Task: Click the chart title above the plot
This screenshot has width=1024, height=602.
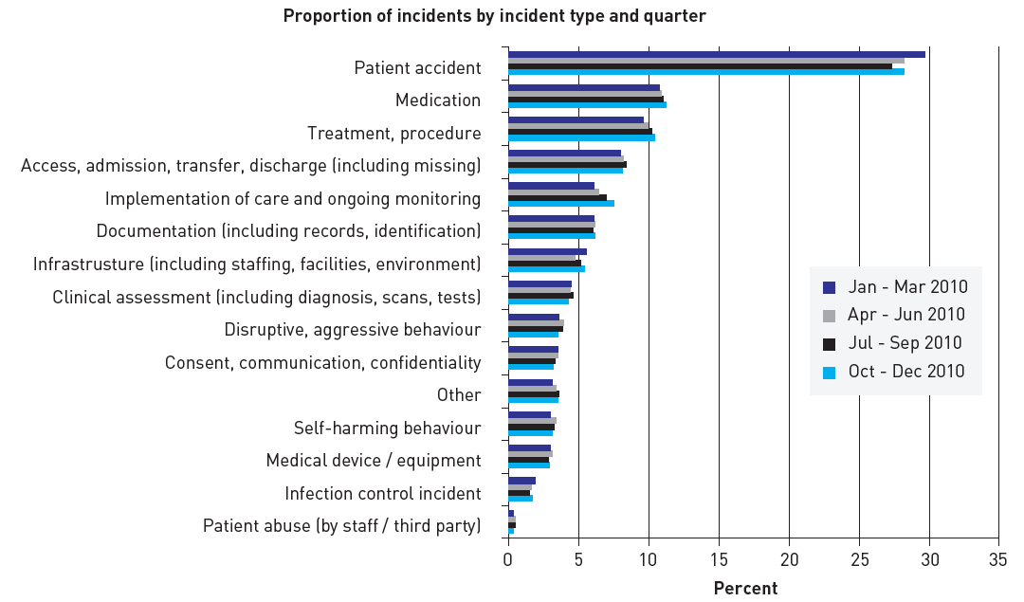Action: [x=494, y=16]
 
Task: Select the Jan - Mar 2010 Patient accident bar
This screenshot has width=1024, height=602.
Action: [x=716, y=55]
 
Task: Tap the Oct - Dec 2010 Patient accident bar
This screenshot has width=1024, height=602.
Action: [x=705, y=72]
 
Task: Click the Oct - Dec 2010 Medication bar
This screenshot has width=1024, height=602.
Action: [x=587, y=105]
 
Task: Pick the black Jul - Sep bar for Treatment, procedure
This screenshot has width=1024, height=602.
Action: [x=579, y=132]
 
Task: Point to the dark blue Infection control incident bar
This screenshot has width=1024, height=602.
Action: [x=521, y=481]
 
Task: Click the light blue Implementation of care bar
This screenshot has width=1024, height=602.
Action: [x=560, y=204]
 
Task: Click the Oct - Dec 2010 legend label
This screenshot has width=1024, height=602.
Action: [x=906, y=372]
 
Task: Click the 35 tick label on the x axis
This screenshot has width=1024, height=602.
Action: [x=998, y=559]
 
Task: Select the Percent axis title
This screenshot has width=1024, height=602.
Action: [x=745, y=589]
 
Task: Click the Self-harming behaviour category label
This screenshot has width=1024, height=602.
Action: [x=387, y=429]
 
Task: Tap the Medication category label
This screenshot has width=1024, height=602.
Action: [x=438, y=100]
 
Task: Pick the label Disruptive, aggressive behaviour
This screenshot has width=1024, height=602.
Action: [x=353, y=330]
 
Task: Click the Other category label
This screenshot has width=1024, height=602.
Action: [x=459, y=395]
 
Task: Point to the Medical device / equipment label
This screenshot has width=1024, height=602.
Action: [x=374, y=461]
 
